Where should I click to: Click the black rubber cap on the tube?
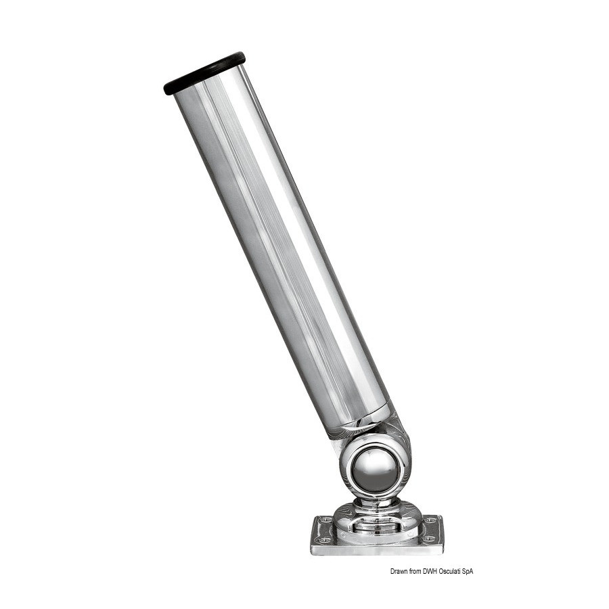coord(204,72)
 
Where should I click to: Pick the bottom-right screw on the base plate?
coord(429,539)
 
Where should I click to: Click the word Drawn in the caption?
coord(399,571)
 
